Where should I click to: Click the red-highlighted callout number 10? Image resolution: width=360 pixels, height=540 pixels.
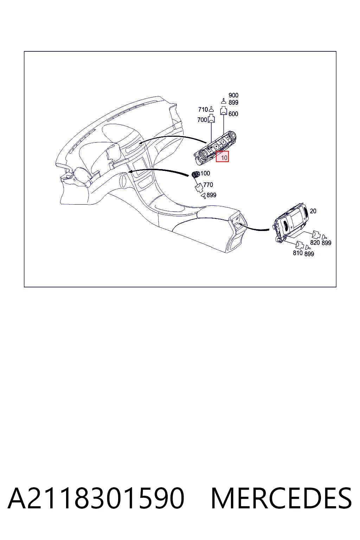tap(224, 157)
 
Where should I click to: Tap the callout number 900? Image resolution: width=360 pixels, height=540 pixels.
tap(233, 96)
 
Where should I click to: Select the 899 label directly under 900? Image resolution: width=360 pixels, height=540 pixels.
tap(233, 102)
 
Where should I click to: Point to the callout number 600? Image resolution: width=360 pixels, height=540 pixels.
tap(233, 114)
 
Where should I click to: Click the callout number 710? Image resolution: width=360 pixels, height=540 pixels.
tap(203, 110)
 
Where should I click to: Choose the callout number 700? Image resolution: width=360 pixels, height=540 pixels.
tap(202, 120)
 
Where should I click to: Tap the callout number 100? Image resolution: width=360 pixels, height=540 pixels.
tap(205, 173)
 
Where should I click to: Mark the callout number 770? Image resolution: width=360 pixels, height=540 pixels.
tap(208, 185)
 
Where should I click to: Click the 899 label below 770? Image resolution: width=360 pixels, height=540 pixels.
tap(211, 195)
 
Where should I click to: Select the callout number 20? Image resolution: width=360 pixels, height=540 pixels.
tap(313, 211)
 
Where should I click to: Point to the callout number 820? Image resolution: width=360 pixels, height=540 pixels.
tap(315, 243)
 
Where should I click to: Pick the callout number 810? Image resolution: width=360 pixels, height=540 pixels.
tap(297, 253)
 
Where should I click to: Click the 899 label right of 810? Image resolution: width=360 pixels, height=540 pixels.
tap(309, 254)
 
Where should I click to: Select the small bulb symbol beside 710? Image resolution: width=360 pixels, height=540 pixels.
tap(212, 109)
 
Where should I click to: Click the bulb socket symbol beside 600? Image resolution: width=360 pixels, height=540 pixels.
tap(224, 110)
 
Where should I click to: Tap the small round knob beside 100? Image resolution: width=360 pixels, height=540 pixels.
tap(195, 174)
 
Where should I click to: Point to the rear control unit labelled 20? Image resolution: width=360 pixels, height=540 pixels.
tap(291, 223)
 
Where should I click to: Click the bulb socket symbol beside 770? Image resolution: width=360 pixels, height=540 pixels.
tap(199, 187)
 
